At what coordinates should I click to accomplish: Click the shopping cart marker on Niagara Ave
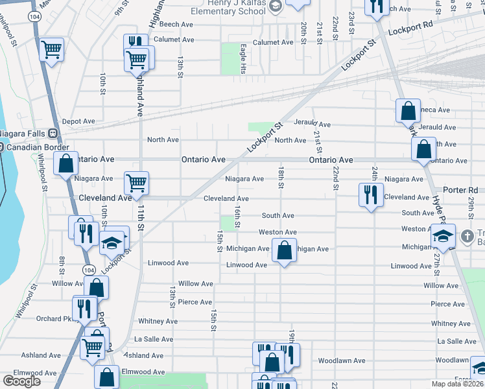point(136,183)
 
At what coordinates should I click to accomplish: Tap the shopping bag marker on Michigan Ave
point(284,250)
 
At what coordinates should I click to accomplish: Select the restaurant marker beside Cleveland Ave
point(370,194)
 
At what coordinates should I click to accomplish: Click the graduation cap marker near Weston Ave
point(444,237)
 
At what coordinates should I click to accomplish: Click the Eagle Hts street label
point(242,58)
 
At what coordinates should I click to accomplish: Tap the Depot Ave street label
point(78,121)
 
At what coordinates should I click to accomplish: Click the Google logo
point(21,381)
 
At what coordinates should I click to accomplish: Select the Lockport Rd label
point(410,31)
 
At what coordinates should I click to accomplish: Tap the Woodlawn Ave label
point(341,360)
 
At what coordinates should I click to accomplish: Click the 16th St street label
point(237,216)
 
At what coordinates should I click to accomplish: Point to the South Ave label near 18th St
point(278,215)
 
